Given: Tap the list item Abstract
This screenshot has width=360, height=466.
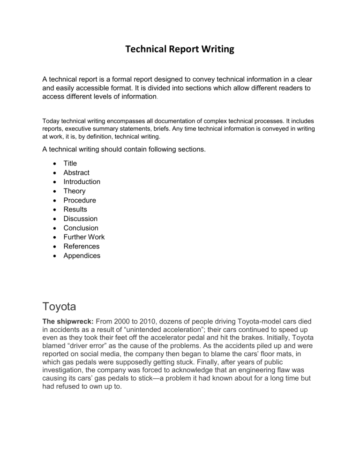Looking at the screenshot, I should coord(76,173).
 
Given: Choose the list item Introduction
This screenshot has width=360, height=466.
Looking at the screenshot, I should coord(82,181).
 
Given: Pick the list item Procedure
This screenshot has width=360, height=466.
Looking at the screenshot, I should coord(80,200).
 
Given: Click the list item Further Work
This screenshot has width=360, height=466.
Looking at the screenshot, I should coord(84,237).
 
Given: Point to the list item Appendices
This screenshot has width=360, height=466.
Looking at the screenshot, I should coord(82,256).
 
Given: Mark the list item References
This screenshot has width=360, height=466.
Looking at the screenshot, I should coord(82,247).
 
